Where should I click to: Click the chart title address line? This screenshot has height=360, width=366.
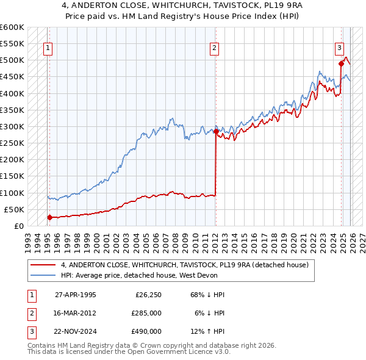[182, 5]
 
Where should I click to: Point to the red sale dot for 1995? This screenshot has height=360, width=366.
[49, 217]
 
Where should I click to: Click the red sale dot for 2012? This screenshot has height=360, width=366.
[216, 131]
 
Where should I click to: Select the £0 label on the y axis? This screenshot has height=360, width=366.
[19, 226]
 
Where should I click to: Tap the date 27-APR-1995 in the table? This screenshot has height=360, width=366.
[75, 295]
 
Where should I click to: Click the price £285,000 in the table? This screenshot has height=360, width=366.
[146, 313]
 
